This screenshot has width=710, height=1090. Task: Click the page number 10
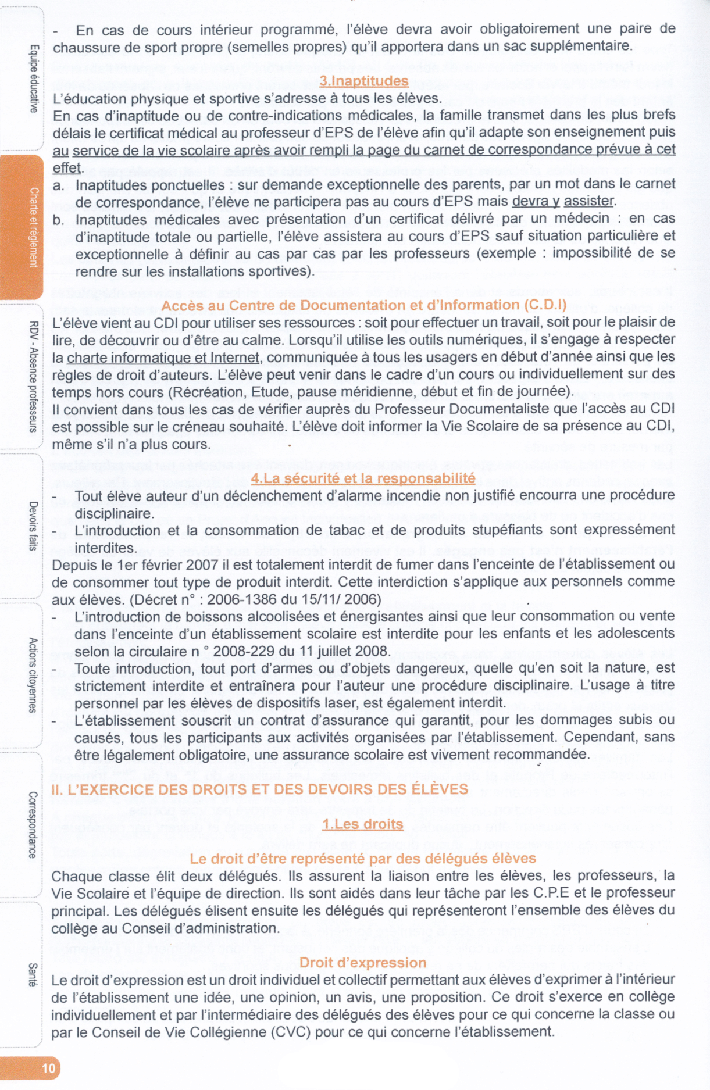click(48, 1067)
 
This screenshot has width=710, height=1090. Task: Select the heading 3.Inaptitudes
click(363, 81)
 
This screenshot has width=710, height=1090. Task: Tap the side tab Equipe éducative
click(34, 78)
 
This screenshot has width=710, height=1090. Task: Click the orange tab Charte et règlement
click(34, 227)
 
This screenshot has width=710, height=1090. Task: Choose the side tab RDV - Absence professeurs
click(34, 376)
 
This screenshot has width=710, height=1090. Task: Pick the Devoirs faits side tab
click(34, 526)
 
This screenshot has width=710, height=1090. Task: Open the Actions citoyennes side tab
click(34, 675)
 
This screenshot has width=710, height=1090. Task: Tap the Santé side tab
click(34, 974)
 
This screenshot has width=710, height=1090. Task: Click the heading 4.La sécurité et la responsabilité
click(363, 478)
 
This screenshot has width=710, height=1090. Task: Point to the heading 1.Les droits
click(363, 824)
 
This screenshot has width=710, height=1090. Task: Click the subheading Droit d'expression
click(363, 962)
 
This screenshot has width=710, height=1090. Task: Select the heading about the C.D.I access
click(363, 305)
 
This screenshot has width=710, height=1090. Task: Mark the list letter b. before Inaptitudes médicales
click(58, 220)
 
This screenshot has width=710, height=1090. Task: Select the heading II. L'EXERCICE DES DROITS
click(259, 789)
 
